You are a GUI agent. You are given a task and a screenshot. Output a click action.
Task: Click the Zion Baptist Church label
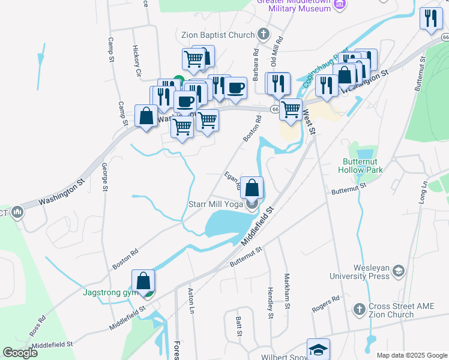coord(218,33)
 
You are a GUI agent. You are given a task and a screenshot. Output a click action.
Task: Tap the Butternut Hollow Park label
coord(363,166)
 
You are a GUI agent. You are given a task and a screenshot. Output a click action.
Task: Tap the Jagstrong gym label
coord(110,293)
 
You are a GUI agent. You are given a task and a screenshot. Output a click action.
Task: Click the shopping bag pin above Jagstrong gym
coord(143,281)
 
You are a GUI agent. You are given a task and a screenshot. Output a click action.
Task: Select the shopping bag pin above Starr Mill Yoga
coord(252,187)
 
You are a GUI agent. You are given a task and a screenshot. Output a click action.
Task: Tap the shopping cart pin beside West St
coord(291,110)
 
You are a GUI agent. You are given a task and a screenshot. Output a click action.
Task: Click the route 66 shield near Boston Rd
coord(274,109)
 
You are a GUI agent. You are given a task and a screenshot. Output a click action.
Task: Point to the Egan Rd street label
coord(232,181)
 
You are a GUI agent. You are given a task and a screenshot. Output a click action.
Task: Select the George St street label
coord(104,176)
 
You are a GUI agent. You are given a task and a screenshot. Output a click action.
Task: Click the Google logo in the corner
coord(20,352)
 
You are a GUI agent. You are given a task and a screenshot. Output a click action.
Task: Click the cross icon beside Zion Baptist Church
coord(262,33)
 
